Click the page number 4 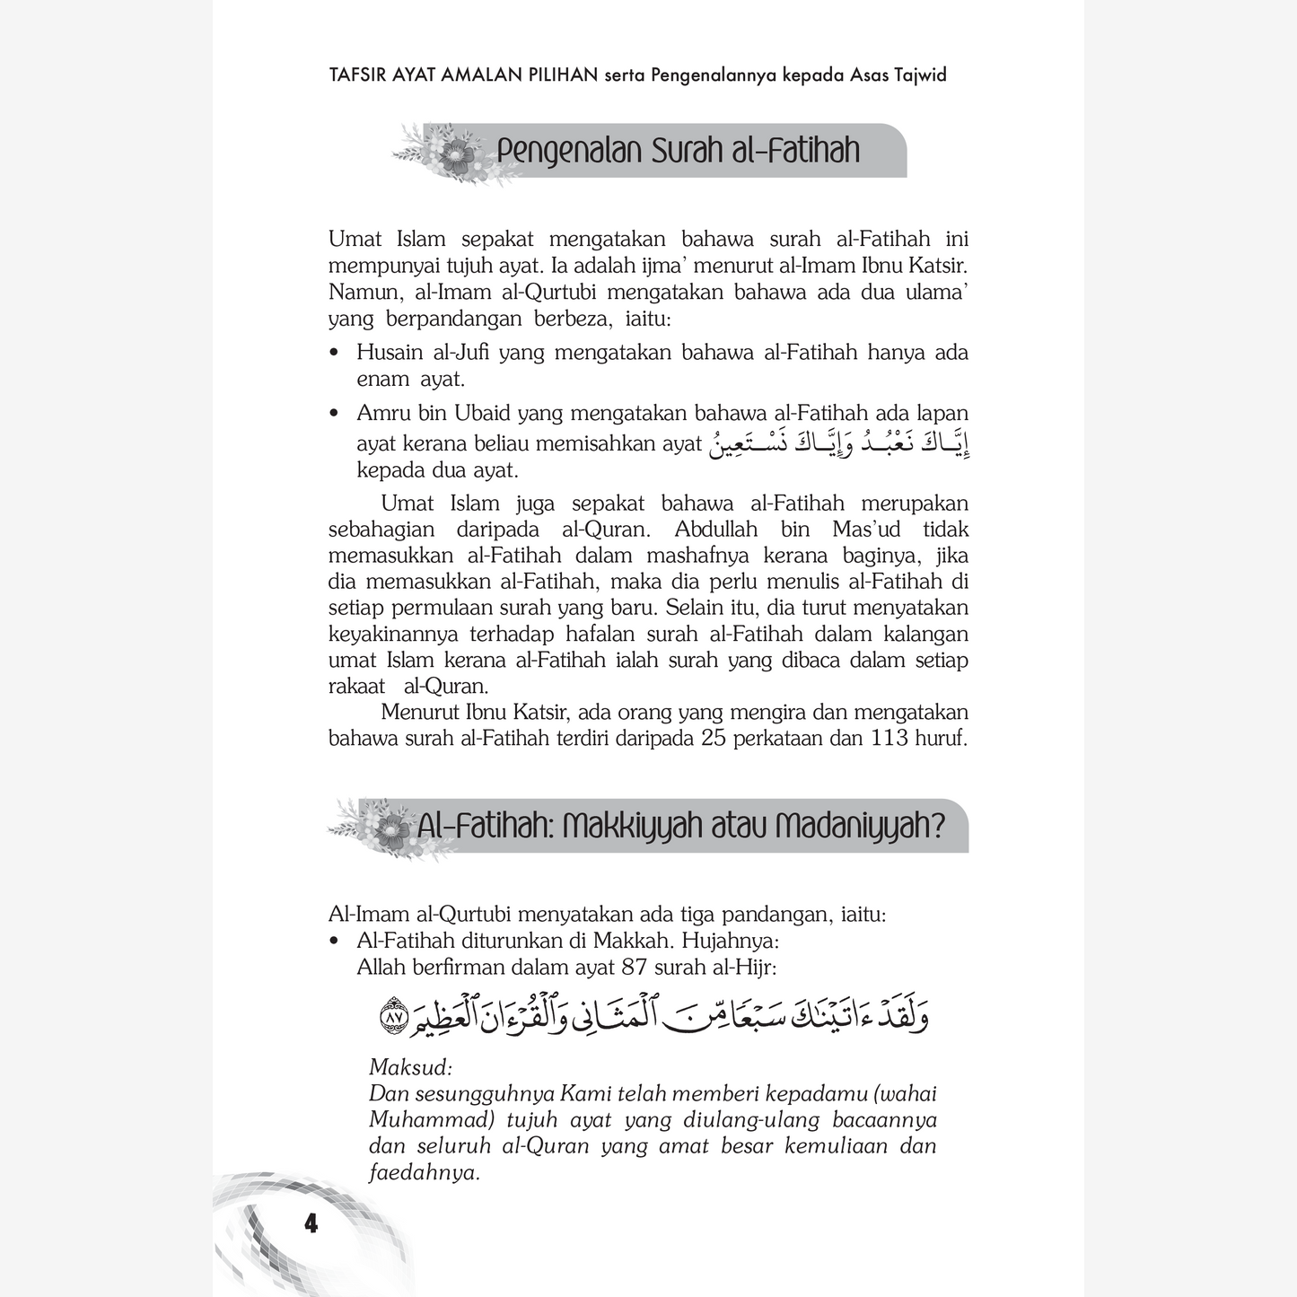[311, 1223]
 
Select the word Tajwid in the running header [920, 74]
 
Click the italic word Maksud [410, 1068]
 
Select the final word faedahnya [424, 1172]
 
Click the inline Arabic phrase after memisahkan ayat [840, 443]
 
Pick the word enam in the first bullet [383, 379]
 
